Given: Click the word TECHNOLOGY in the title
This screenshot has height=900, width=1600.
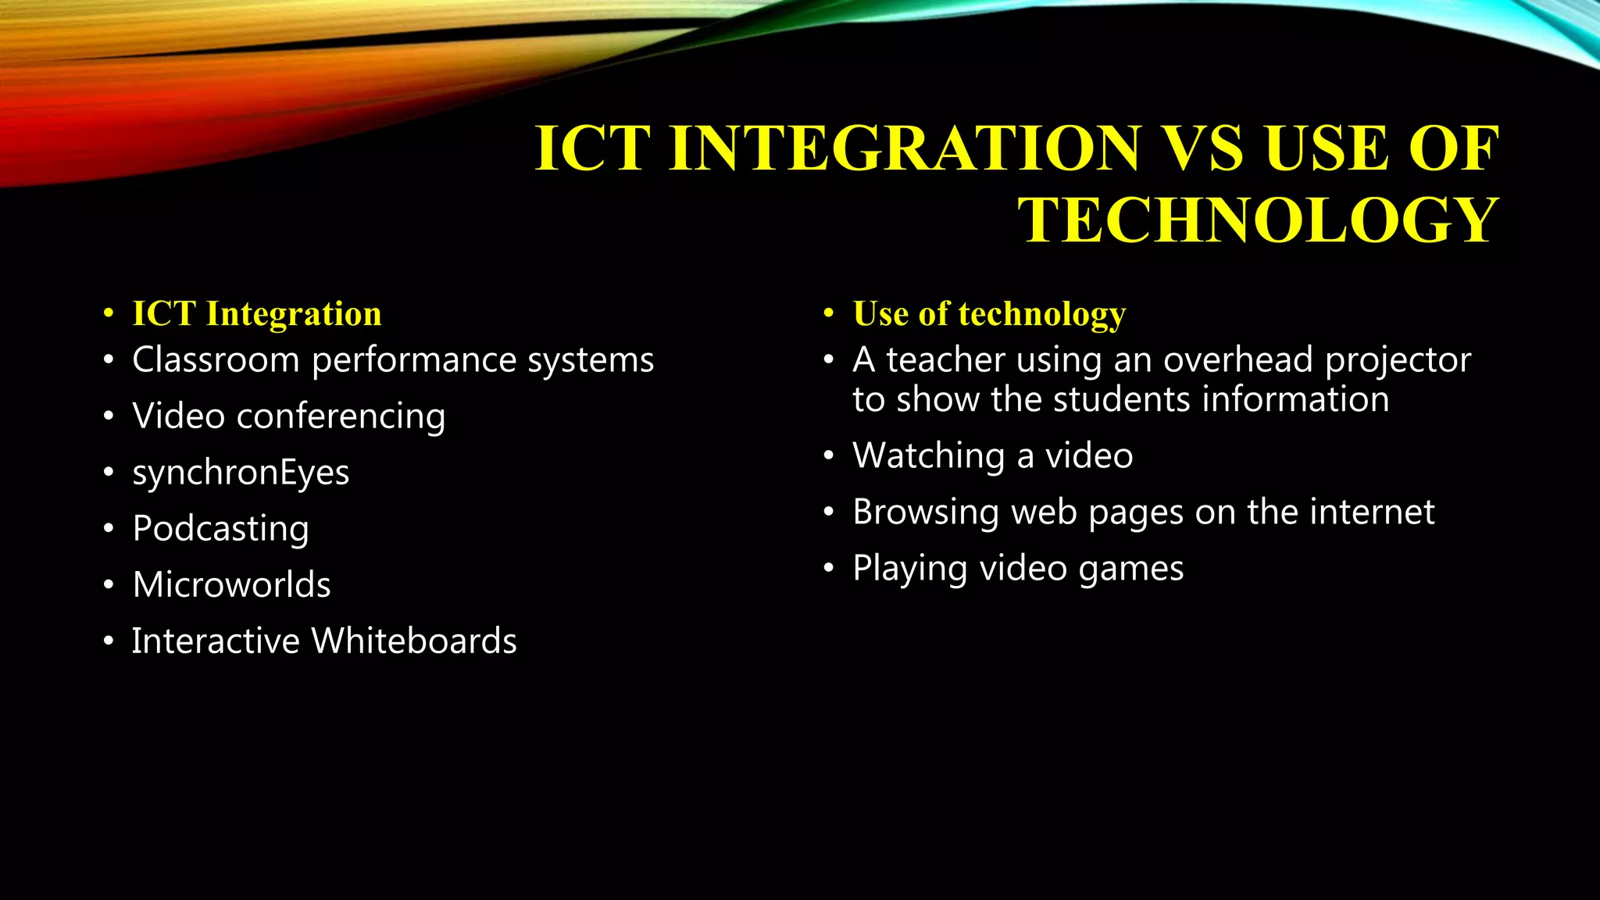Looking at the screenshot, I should tap(1258, 220).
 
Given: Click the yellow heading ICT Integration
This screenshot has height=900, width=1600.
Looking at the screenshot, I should tap(256, 314).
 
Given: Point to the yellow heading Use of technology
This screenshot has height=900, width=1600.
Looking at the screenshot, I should tap(988, 314).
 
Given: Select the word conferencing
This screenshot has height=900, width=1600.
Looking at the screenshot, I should tap(341, 416).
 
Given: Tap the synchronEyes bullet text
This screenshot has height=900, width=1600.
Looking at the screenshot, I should tap(241, 473).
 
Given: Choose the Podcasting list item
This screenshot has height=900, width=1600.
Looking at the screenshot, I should tap(220, 530).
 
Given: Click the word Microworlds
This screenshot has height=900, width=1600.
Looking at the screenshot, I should tap(231, 585).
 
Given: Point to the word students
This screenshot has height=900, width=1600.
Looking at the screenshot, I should tap(1121, 400).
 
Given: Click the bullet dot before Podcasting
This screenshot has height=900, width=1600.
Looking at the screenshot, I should tap(109, 530).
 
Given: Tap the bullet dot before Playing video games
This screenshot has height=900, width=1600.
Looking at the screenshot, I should tap(829, 569).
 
